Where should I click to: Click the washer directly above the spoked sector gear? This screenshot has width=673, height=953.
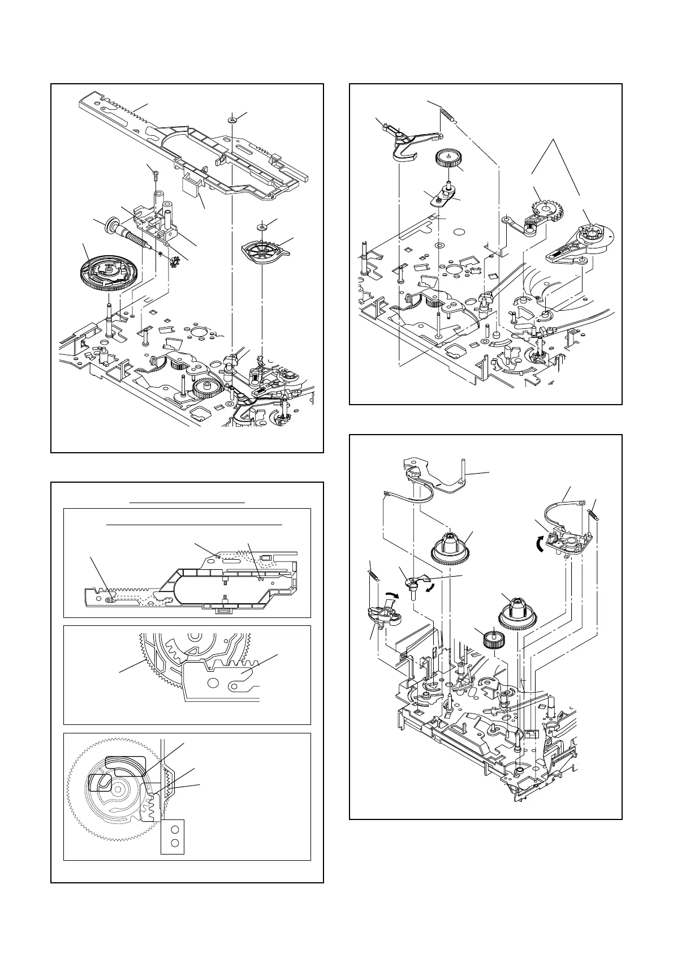(x=262, y=227)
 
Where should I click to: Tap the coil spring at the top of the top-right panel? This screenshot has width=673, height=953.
(x=448, y=117)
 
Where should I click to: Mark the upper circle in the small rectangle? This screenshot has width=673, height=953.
(x=175, y=829)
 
